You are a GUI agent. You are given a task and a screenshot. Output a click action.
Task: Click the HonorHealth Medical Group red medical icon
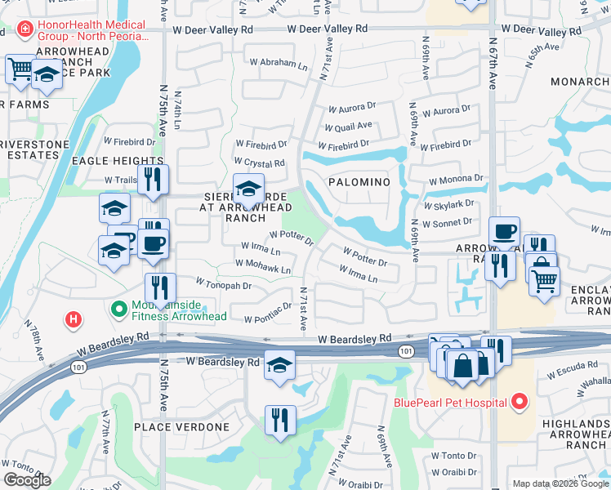pyautogui.click(x=25, y=30)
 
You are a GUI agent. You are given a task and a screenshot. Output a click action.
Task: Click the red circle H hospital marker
pyautogui.click(x=74, y=319)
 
